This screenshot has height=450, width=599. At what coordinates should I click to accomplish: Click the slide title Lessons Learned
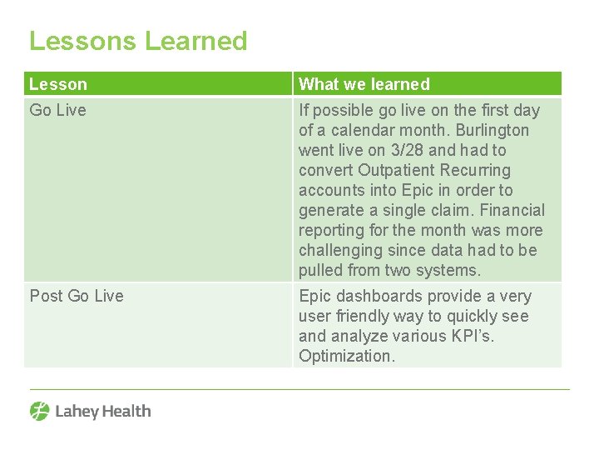138,41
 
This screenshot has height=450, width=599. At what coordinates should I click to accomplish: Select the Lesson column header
58,84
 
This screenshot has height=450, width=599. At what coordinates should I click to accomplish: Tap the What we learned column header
364,84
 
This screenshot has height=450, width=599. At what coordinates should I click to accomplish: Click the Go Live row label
58,110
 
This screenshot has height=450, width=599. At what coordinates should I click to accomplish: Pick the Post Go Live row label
77,296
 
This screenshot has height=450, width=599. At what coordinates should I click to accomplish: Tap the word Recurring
476,170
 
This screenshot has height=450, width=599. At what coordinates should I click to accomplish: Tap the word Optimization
345,356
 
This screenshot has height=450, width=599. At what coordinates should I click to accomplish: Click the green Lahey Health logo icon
40,411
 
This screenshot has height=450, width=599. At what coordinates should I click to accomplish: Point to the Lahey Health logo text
103,411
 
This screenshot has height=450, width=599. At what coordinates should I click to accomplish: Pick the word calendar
351,130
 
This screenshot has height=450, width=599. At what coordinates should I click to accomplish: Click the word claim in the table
451,210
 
